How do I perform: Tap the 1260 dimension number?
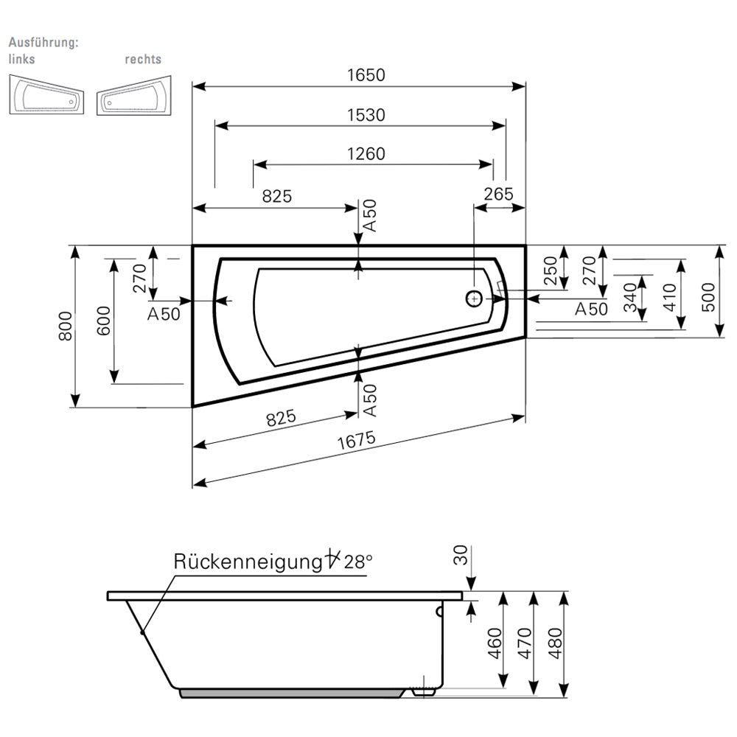pos(366,154)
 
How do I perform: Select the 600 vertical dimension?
pos(103,321)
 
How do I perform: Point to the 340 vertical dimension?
pos(629,297)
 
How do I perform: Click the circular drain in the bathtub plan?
pos(474,298)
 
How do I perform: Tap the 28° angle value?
pos(358,562)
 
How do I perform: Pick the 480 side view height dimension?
pos(556,645)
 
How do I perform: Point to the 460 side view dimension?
pos(495,645)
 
